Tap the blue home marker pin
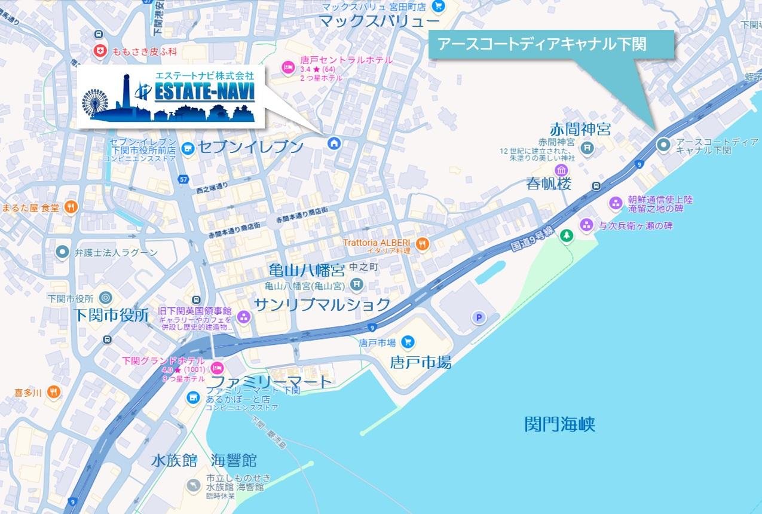(x=333, y=143)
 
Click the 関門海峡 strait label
(x=560, y=425)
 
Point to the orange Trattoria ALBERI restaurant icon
(x=422, y=243)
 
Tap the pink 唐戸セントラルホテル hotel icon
(x=287, y=65)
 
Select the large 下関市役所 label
(x=112, y=316)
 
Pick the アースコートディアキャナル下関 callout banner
(x=550, y=44)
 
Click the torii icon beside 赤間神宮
(x=587, y=146)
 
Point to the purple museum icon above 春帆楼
(x=561, y=171)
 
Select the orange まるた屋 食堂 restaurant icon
(x=71, y=207)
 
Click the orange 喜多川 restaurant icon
(x=54, y=392)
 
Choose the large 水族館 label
(x=174, y=460)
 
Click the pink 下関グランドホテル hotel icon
(x=218, y=366)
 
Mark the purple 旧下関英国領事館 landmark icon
(x=243, y=317)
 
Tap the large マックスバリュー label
(x=380, y=22)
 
